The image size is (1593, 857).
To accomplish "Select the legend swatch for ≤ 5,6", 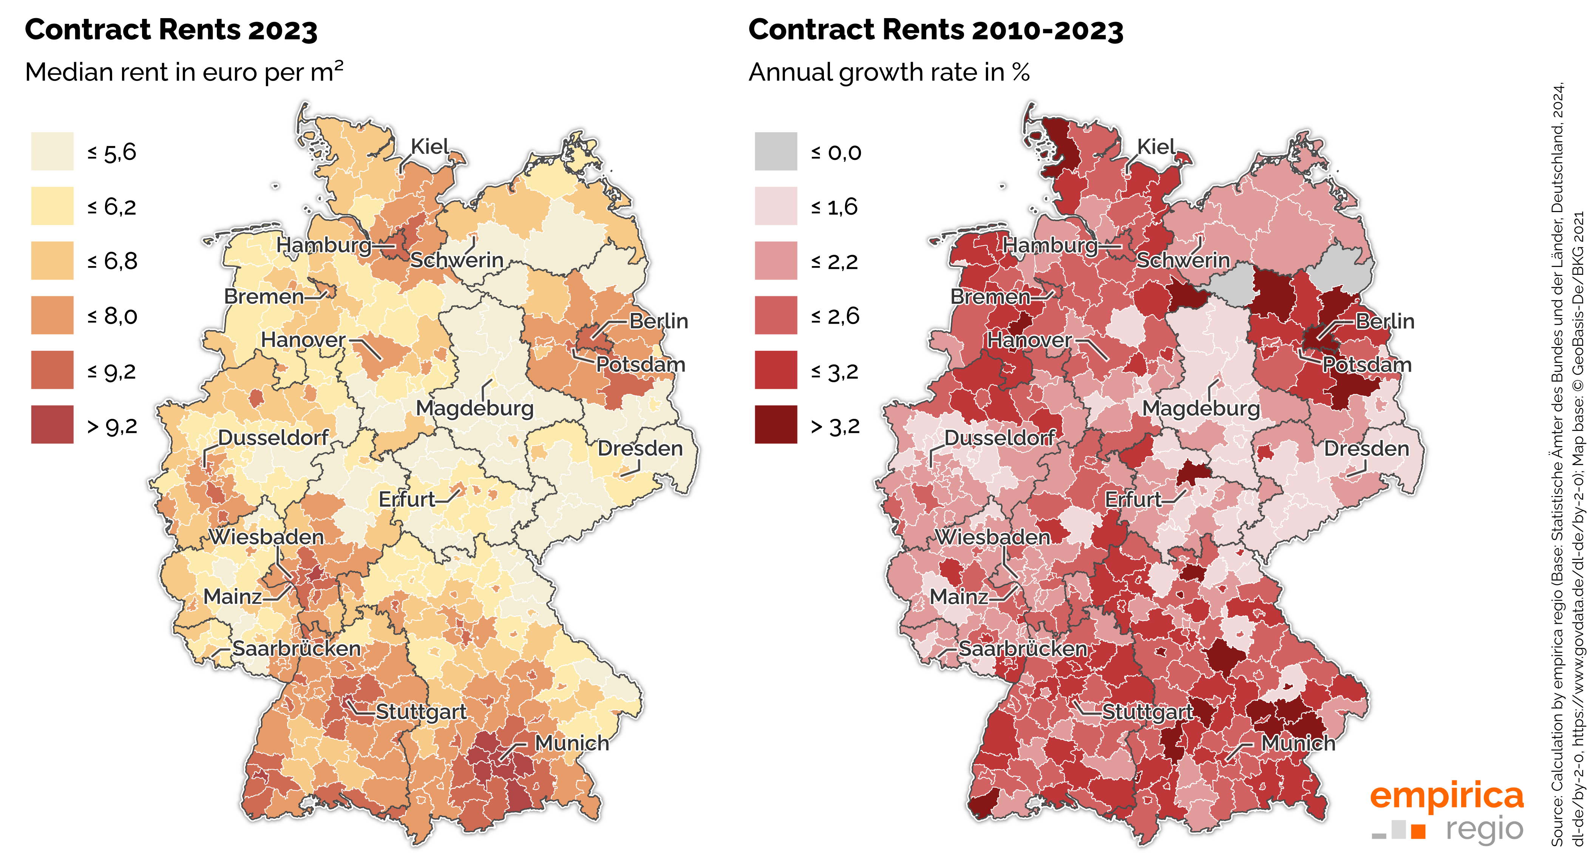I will coord(52,151).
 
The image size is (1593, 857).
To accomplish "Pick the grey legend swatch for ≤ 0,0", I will coord(776,151).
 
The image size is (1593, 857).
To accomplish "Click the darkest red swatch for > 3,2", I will coord(776,425).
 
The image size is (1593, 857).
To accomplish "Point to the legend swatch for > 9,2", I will coord(52,425).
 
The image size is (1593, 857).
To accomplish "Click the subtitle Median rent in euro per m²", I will coord(184,73).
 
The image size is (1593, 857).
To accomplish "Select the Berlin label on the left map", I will coord(658,321).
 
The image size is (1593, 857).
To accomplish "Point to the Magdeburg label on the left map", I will coord(474,408).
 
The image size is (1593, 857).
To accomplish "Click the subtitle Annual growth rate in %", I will coord(888,73).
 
